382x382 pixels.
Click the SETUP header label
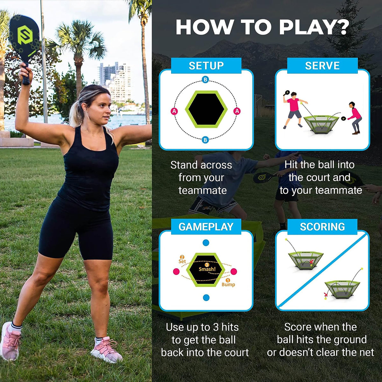(x=206, y=66)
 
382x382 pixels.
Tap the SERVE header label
(x=322, y=66)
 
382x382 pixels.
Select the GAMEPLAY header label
(x=206, y=227)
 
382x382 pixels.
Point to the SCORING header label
(x=322, y=227)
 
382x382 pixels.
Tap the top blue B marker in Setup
(x=205, y=80)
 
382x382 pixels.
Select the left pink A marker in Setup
(x=174, y=111)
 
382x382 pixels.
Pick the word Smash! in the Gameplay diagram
(x=207, y=269)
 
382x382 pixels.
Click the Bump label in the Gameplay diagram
(x=228, y=284)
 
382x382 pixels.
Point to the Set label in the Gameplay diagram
(x=182, y=261)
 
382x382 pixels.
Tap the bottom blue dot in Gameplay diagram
(x=206, y=298)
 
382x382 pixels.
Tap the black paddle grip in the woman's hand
(x=25, y=75)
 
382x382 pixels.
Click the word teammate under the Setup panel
(x=202, y=190)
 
